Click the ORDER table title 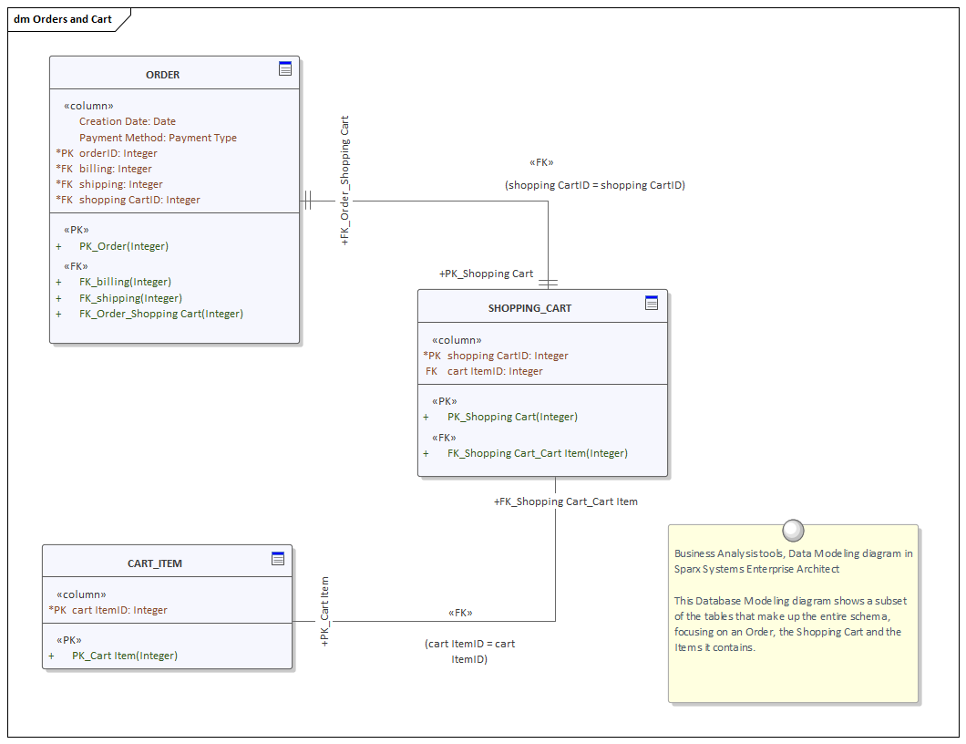163,75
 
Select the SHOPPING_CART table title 529,308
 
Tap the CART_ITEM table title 155,563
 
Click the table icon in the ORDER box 285,68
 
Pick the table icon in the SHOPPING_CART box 652,303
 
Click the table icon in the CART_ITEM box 278,558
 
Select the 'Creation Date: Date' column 128,121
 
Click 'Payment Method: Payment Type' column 158,138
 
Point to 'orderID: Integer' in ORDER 118,153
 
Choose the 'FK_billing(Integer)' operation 125,282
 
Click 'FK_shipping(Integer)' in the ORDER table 130,298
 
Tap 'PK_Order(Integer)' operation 124,246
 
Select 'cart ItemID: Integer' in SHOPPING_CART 495,371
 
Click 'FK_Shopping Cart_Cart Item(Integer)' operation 537,453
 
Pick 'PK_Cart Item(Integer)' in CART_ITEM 125,656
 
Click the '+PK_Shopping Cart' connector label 486,274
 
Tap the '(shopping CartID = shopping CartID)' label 594,185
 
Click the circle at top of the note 793,530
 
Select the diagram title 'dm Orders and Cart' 63,19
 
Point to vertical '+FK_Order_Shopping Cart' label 344,181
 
